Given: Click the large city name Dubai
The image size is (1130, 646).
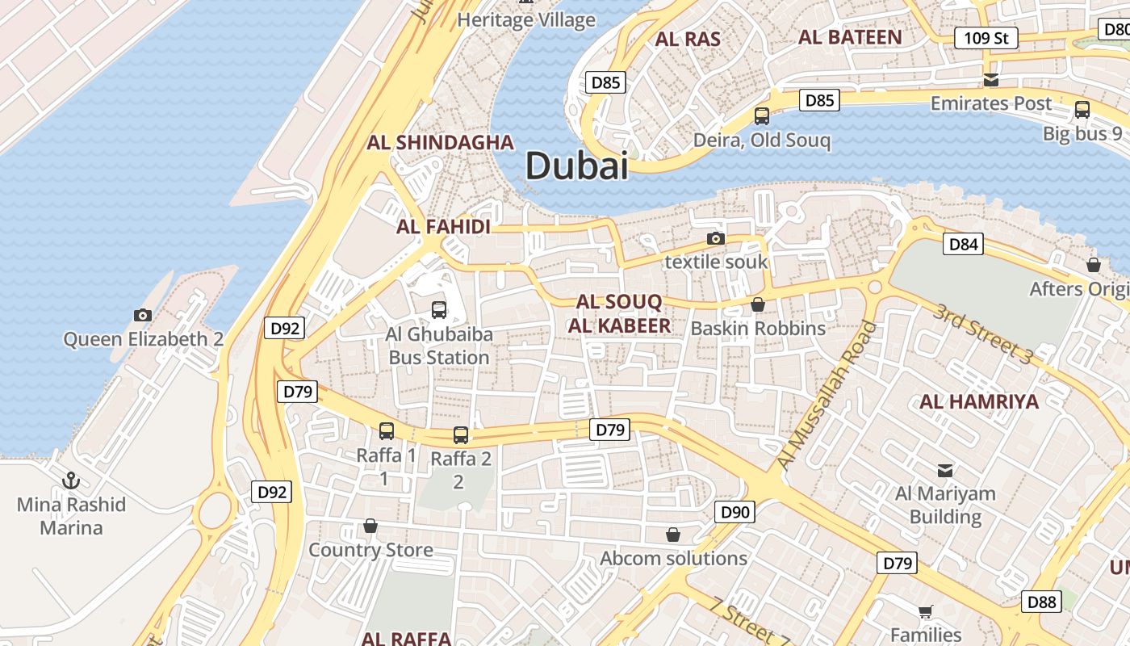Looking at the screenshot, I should click(x=576, y=166).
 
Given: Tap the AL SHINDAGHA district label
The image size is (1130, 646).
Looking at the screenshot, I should click(x=440, y=143).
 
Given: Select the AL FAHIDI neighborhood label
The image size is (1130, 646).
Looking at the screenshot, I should click(x=443, y=227).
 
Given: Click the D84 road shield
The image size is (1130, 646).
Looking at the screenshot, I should click(x=963, y=244).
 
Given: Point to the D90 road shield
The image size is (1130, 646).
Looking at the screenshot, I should click(x=734, y=511).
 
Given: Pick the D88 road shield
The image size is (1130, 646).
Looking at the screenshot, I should click(x=1041, y=602).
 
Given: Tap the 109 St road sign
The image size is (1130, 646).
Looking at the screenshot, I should click(x=986, y=38).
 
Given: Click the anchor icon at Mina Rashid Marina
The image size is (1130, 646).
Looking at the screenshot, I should click(x=71, y=480).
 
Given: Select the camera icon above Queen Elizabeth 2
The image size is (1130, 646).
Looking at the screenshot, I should click(x=143, y=315).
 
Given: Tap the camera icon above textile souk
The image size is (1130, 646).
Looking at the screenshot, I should click(x=715, y=238).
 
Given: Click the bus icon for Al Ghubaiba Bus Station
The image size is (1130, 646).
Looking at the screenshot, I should click(x=439, y=309).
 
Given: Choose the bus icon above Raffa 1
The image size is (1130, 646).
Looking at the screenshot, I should click(x=387, y=431).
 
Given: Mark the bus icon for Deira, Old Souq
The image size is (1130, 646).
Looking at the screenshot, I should click(x=761, y=116).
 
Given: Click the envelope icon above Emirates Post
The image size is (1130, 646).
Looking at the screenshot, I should click(x=990, y=80).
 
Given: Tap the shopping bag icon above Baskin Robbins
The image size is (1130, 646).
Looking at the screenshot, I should click(x=757, y=304).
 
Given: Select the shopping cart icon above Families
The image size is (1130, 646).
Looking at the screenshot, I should click(x=925, y=611).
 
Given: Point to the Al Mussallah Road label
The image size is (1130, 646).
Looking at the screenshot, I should click(x=827, y=396).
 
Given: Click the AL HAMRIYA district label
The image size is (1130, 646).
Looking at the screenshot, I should click(x=979, y=401).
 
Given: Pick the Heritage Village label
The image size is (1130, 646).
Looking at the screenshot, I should click(x=526, y=20).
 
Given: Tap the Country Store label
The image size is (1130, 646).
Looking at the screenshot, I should click(x=370, y=550).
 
